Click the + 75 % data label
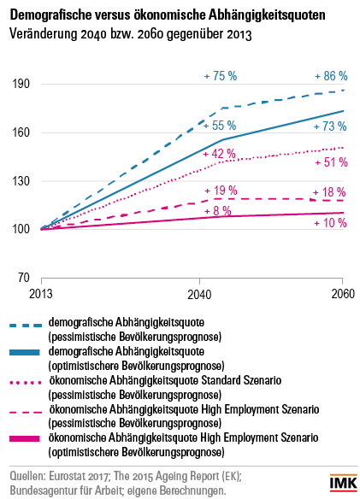[221, 76]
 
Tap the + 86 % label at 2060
[331, 76]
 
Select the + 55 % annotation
[220, 126]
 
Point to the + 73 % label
[330, 126]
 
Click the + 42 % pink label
[219, 154]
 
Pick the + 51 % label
[331, 162]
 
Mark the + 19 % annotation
[221, 191]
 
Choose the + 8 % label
[217, 211]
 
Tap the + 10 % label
[330, 223]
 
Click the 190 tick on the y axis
[21, 84]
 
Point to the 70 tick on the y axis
[24, 278]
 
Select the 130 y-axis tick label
[21, 181]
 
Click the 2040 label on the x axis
[199, 294]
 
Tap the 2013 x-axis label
[41, 293]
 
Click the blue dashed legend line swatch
[26, 326]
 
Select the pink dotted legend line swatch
[26, 383]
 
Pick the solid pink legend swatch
[25, 438]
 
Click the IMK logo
[344, 483]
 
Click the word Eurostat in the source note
[68, 476]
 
